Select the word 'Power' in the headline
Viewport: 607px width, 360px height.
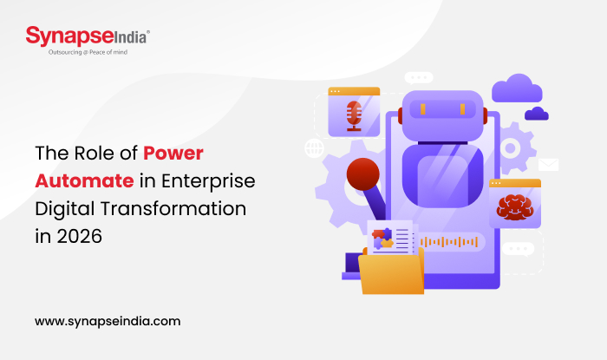[174, 154]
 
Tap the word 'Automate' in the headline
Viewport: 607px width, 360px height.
[84, 180]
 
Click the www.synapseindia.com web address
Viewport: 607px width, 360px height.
[108, 320]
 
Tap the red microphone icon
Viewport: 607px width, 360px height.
[354, 114]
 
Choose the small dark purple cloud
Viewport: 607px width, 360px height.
[536, 113]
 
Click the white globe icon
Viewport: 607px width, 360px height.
[314, 148]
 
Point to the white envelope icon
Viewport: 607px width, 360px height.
[548, 164]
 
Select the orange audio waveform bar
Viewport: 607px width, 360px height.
[455, 242]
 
